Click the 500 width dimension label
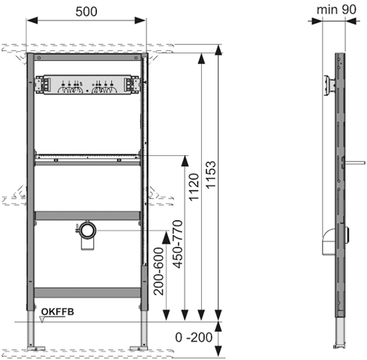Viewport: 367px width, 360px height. [x=86, y=12]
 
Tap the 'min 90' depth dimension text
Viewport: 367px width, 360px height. [x=336, y=10]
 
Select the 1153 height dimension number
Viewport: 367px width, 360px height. [x=211, y=175]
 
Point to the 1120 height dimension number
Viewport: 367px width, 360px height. [x=194, y=187]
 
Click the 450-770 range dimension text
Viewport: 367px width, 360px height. [x=179, y=244]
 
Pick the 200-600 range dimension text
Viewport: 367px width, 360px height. [x=158, y=271]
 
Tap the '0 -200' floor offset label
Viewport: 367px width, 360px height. [x=194, y=337]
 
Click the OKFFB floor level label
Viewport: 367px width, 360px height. [x=58, y=312]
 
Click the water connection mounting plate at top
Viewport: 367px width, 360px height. [x=87, y=85]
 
